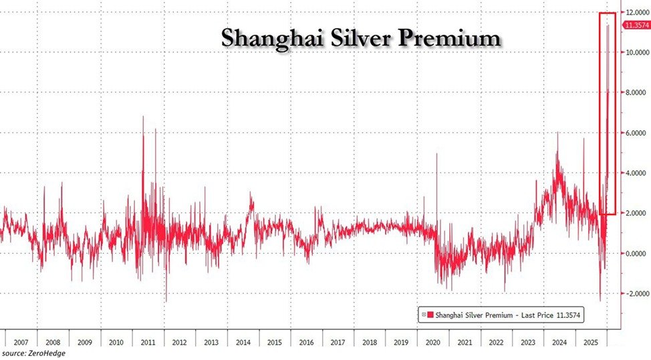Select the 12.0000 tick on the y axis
[636, 13]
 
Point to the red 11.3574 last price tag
[636, 25]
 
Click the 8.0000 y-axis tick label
[636, 93]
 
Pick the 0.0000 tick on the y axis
[636, 253]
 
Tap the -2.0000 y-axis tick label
[634, 293]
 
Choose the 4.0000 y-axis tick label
[636, 173]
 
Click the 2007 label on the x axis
[20, 341]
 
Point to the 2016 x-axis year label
[305, 341]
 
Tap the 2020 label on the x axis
[432, 341]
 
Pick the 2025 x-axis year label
[591, 341]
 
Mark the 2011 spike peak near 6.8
[143, 117]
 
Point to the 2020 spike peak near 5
[436, 154]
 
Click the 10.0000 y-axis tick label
[636, 53]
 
